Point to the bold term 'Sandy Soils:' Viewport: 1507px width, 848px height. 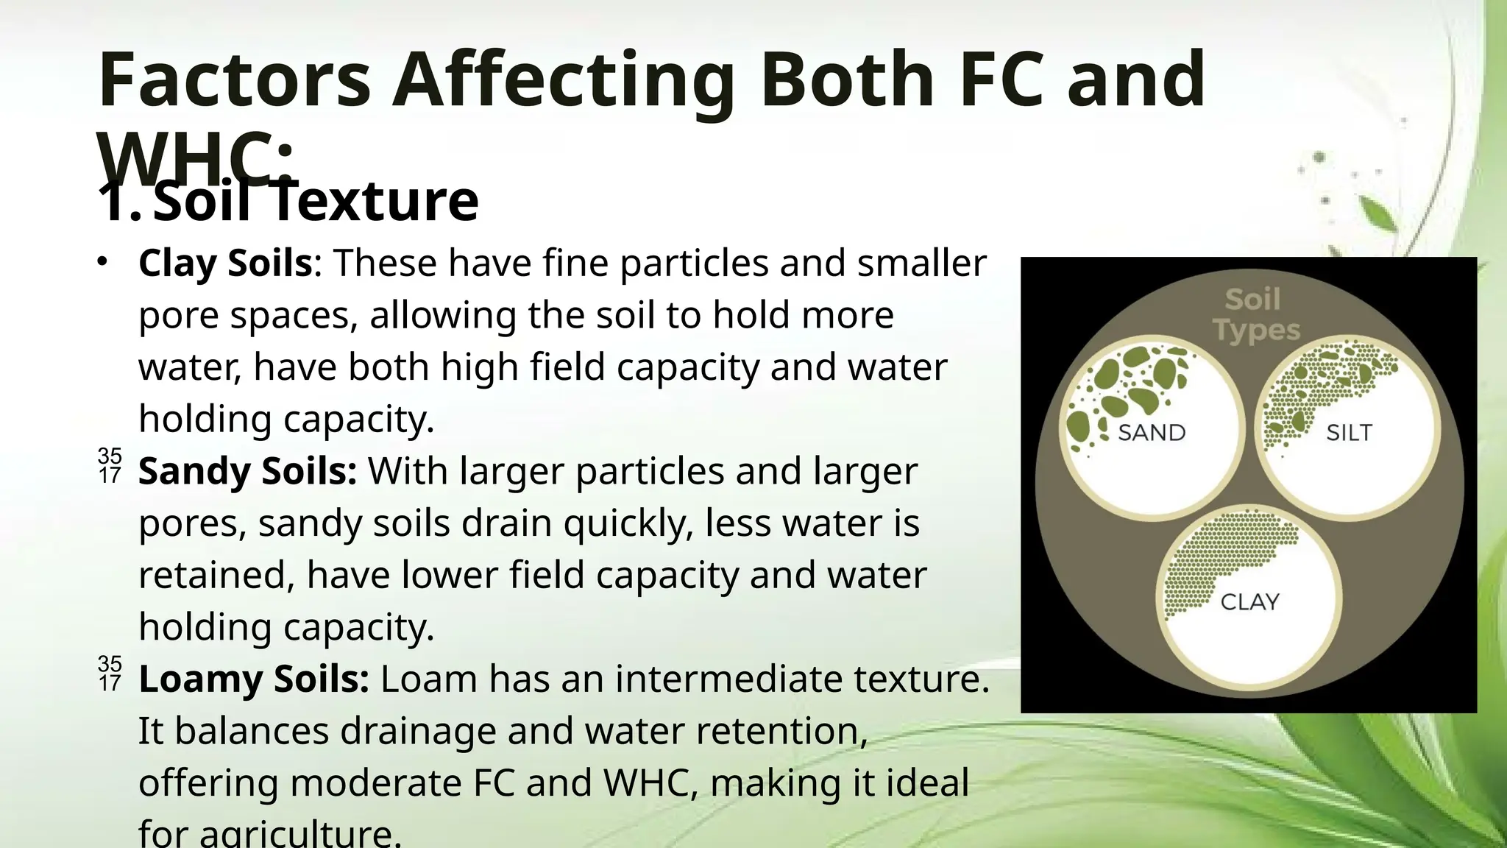pyautogui.click(x=248, y=471)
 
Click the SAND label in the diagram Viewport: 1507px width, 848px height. pyautogui.click(x=1152, y=432)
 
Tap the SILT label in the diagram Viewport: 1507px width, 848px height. pyautogui.click(x=1349, y=432)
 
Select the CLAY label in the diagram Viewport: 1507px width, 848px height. pyautogui.click(x=1249, y=602)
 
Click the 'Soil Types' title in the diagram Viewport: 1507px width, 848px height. pyautogui.click(x=1256, y=315)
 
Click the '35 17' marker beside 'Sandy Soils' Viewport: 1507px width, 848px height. pyautogui.click(x=110, y=466)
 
